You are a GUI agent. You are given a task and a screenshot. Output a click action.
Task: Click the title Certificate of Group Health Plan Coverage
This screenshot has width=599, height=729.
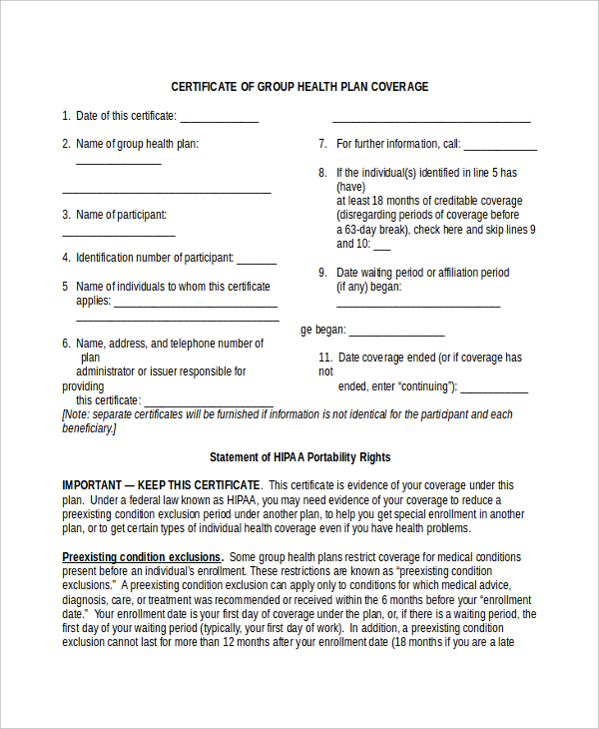[x=299, y=87]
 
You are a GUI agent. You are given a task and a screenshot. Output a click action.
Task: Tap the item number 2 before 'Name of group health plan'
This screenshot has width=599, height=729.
[x=66, y=144]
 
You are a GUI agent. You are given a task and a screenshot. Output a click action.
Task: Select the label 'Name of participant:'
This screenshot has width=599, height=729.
[x=121, y=215]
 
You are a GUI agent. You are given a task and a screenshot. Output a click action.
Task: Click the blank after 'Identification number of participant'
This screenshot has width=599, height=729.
[x=257, y=261]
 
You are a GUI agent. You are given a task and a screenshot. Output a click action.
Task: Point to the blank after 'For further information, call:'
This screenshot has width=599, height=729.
[x=500, y=147]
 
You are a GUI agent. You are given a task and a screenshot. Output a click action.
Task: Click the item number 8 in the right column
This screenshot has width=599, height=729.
[x=322, y=173]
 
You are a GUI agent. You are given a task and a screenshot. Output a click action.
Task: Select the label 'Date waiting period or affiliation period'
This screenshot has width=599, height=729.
[x=422, y=273]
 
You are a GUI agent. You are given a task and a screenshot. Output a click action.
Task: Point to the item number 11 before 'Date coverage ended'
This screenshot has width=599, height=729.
[x=324, y=358]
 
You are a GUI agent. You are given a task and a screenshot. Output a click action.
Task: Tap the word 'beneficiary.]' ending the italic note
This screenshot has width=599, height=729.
[x=89, y=427]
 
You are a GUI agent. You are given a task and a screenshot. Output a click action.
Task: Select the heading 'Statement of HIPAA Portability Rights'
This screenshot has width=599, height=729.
[x=299, y=457]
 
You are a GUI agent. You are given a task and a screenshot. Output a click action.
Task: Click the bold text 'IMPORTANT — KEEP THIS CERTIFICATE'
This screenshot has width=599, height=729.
[x=161, y=485]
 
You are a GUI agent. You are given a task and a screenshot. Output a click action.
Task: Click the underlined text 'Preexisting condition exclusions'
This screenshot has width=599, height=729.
[x=142, y=557]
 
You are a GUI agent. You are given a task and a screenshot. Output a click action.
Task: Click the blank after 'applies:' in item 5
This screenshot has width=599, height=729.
[x=195, y=303]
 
